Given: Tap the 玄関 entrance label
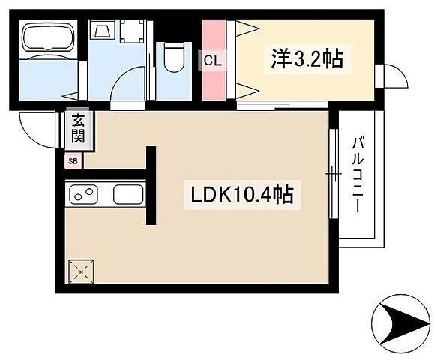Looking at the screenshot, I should click(x=78, y=130).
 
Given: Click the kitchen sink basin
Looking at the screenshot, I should click(x=127, y=193).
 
